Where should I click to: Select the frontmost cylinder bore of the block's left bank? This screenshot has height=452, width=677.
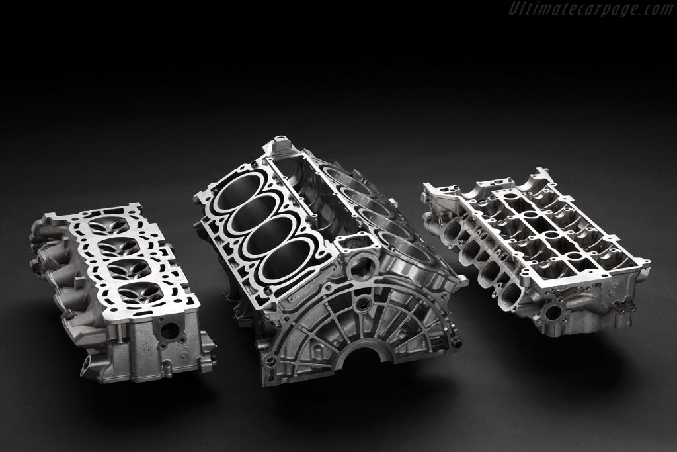(x=287, y=261)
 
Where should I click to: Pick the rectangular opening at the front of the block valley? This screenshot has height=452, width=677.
(x=354, y=242)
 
